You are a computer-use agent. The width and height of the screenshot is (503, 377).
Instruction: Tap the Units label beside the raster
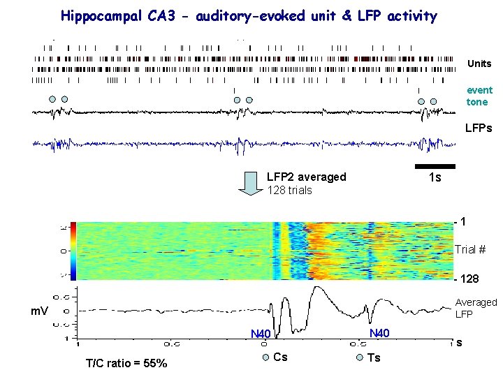pyautogui.click(x=479, y=64)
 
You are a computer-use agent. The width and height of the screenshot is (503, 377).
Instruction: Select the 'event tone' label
pyautogui.click(x=479, y=96)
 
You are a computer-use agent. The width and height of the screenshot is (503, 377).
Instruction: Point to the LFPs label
pyautogui.click(x=479, y=128)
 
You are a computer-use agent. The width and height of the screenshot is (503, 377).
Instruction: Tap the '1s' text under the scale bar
pyautogui.click(x=435, y=178)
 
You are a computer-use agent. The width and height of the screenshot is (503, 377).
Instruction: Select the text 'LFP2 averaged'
pyautogui.click(x=306, y=177)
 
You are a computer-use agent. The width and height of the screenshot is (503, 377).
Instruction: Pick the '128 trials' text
pyautogui.click(x=289, y=190)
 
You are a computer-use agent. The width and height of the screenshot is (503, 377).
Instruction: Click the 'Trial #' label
pyautogui.click(x=469, y=249)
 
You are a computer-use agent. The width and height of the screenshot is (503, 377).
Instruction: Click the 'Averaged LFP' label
pyautogui.click(x=475, y=308)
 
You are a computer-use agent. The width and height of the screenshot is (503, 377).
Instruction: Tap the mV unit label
pyautogui.click(x=39, y=310)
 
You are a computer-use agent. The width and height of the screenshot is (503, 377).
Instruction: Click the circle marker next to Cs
pyautogui.click(x=265, y=358)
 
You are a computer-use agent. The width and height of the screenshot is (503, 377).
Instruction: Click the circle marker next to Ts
pyautogui.click(x=359, y=358)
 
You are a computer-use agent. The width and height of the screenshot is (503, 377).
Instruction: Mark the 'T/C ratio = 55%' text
pyautogui.click(x=126, y=362)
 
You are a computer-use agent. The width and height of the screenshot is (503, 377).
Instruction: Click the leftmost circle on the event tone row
pyautogui.click(x=52, y=99)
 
